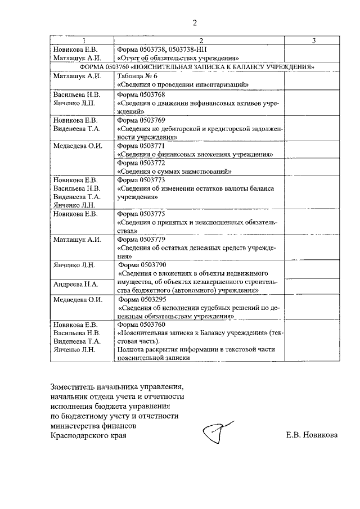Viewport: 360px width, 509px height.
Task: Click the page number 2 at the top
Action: tap(195, 23)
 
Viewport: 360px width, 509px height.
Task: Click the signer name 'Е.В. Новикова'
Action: tap(312, 435)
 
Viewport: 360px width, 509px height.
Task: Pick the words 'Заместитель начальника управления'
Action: tap(116, 387)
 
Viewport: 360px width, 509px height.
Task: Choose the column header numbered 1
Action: tap(82, 40)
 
